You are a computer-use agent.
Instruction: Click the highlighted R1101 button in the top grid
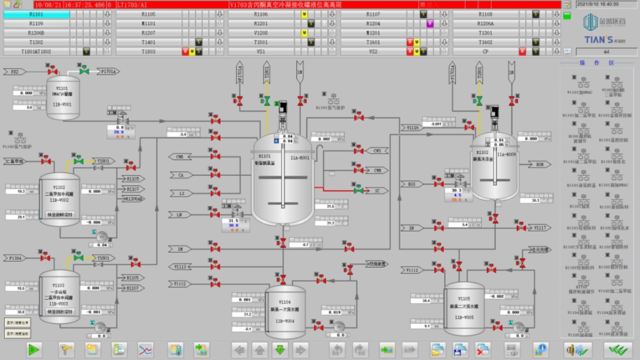click(36, 14)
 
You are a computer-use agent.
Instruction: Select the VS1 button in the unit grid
click(261, 52)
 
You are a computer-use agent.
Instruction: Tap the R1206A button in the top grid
click(485, 23)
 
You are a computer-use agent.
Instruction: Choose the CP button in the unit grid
click(485, 52)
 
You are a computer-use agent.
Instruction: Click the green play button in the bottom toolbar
click(34, 350)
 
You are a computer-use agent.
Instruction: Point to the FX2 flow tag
click(14, 71)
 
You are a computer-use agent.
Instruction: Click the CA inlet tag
click(181, 175)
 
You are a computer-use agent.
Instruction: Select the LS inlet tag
click(181, 193)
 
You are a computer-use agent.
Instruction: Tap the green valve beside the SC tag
click(358, 190)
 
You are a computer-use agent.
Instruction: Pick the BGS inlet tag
click(411, 184)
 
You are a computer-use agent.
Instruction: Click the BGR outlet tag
click(539, 165)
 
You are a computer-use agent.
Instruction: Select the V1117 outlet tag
click(539, 228)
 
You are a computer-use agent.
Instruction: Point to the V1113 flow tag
click(181, 266)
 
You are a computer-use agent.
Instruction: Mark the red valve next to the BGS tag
click(438, 183)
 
